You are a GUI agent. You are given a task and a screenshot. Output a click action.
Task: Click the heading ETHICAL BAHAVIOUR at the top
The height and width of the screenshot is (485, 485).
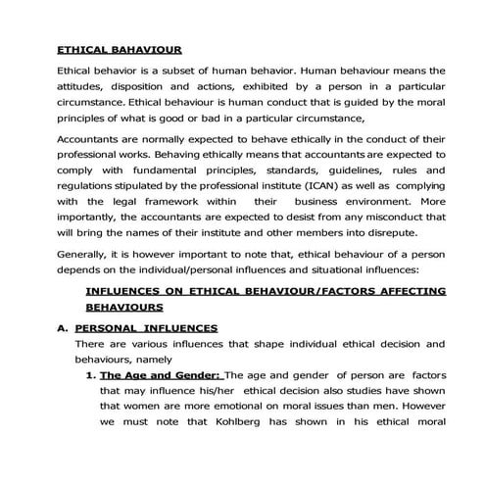click(119, 48)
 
